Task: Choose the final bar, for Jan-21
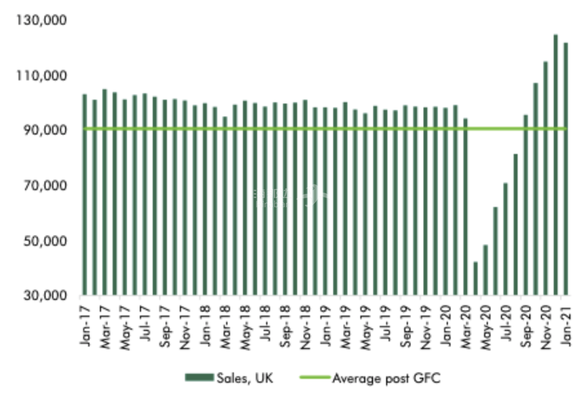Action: point(565,169)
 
